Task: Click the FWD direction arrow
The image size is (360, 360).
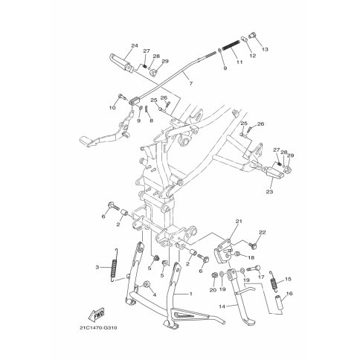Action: [x=97, y=315]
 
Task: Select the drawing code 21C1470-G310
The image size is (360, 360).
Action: [x=98, y=328]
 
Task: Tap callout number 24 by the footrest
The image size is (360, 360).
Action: [x=135, y=45]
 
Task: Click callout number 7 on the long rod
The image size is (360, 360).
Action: [x=190, y=83]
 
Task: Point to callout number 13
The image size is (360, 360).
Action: [x=265, y=49]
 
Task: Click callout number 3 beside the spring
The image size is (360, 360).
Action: [x=97, y=267]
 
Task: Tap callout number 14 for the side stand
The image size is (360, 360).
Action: [x=222, y=306]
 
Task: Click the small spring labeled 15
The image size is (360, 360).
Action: [x=274, y=280]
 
